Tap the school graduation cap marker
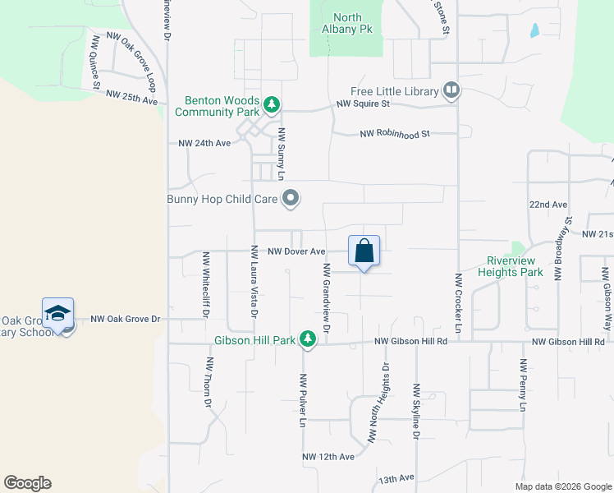pyautogui.click(x=58, y=314)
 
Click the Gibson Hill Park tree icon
pyautogui.click(x=308, y=339)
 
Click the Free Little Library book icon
pyautogui.click(x=451, y=90)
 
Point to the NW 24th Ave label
pyautogui.click(x=204, y=143)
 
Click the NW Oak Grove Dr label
pyautogui.click(x=123, y=319)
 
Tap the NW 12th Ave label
pyautogui.click(x=328, y=457)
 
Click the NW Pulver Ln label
pyautogui.click(x=303, y=401)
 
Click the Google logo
pyautogui.click(x=27, y=483)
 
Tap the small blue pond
pyautogui.click(x=535, y=30)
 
